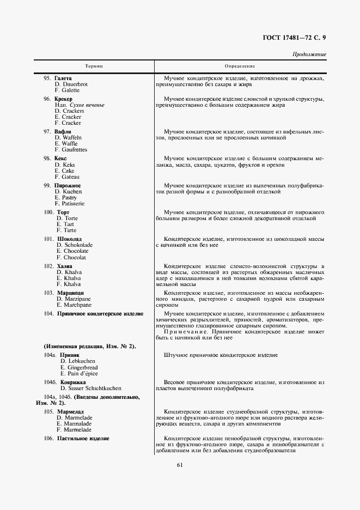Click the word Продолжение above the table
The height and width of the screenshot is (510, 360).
pos(309,54)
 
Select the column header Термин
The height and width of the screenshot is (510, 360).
pos(94,66)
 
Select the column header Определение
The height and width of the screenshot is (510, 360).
pos(240,66)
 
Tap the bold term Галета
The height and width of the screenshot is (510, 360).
pos(63,78)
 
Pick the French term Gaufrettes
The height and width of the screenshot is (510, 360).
pos(75,150)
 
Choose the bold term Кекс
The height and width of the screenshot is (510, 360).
pos(60,158)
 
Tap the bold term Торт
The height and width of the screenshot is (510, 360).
pos(64,212)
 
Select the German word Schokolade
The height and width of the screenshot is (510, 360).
pos(78,245)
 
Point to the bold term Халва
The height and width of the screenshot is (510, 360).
pos(65,265)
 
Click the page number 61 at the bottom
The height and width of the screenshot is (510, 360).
pos(180,464)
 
